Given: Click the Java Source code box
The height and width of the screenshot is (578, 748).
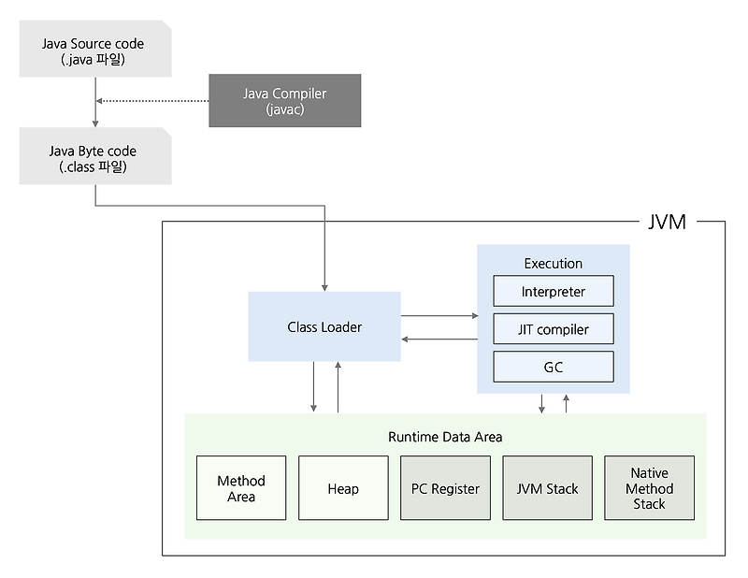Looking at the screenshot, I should [94, 51].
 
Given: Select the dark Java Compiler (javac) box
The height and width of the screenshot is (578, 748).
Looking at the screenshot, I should [284, 101].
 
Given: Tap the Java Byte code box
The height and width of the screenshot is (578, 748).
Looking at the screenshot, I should [94, 158].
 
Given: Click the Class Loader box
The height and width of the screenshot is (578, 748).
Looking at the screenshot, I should [324, 326].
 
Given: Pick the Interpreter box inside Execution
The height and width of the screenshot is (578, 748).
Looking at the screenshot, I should [553, 291].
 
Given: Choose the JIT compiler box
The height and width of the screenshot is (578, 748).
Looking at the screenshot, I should [553, 329].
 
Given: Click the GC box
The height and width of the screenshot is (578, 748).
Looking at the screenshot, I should [553, 367].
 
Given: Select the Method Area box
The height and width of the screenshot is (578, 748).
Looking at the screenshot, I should [241, 488].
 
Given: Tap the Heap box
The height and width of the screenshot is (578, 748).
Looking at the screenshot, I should [343, 488].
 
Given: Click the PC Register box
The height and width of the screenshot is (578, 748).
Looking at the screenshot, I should [445, 488].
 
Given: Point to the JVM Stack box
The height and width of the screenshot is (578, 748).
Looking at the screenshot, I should [547, 488].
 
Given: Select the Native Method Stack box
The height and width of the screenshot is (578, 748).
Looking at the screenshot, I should [649, 488].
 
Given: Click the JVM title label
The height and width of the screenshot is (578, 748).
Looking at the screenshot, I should [667, 222].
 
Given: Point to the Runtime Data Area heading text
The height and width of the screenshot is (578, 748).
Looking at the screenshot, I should [445, 437].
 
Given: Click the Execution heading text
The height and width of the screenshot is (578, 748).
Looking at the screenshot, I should [553, 264].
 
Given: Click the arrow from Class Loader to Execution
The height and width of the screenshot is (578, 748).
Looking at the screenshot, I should [439, 316].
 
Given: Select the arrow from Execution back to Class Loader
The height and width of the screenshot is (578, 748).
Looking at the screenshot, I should [439, 338].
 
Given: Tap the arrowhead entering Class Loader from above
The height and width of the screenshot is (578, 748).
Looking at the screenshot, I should [324, 285].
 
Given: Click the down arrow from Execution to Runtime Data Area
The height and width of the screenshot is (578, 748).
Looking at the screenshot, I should [541, 404].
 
